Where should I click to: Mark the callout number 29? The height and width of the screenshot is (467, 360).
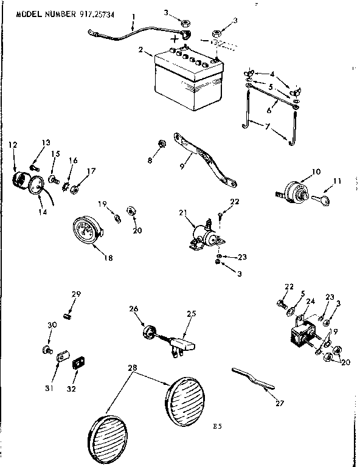pos(76,294)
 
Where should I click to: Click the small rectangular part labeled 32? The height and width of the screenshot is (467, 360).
pos(77,364)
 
